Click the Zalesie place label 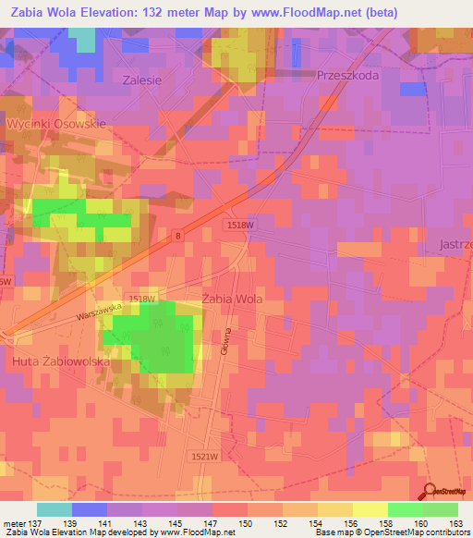(x=142, y=80)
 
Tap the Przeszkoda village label (x=347, y=77)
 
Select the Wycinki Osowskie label (x=56, y=123)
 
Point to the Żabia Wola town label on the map (x=232, y=300)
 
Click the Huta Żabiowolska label (x=61, y=362)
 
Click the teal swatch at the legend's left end (x=55, y=509)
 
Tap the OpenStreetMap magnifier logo (x=430, y=492)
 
